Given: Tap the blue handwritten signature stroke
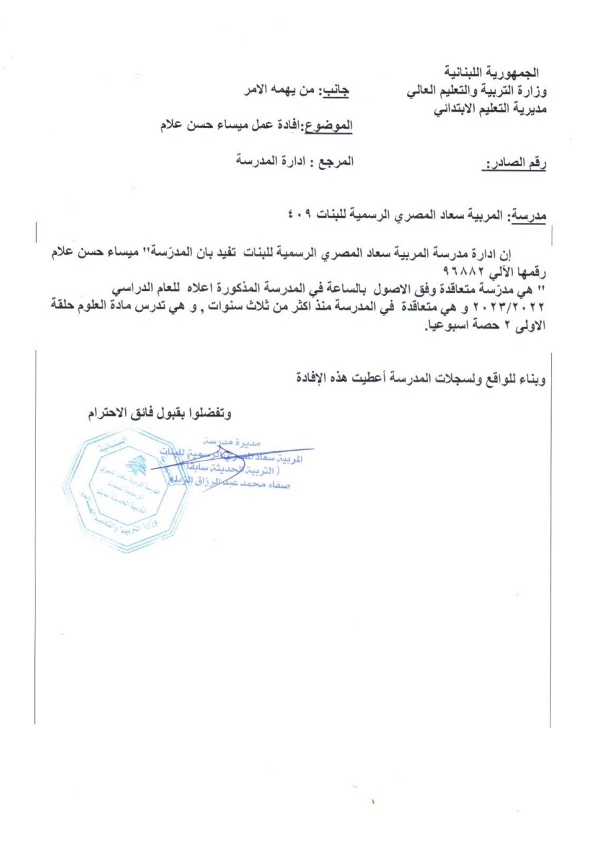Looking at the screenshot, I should (228, 460).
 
